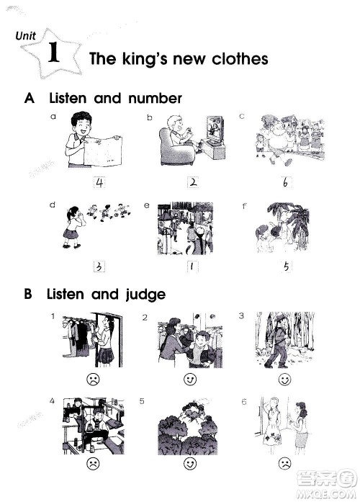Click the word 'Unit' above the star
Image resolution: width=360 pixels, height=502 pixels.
(26, 35)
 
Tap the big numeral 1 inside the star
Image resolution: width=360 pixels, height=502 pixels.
(53, 52)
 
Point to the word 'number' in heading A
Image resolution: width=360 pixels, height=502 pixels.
(155, 98)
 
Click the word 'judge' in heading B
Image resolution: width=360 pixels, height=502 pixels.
(145, 295)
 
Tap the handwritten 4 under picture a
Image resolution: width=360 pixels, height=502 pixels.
(99, 182)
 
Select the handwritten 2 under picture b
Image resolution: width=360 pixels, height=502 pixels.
(193, 182)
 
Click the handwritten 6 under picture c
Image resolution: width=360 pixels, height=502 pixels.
(285, 182)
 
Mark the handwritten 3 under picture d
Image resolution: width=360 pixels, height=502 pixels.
(99, 266)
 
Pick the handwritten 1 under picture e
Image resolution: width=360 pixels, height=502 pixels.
(192, 266)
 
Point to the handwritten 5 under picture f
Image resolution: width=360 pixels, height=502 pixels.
(287, 266)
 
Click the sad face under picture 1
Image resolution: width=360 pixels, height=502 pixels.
(93, 380)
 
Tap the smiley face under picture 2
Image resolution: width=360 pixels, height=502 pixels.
(190, 380)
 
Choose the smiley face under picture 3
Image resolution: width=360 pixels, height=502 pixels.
(284, 380)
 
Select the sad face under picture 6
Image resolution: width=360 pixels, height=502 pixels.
(284, 464)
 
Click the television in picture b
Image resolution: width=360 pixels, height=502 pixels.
(215, 130)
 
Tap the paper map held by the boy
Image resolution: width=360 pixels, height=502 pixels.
(103, 152)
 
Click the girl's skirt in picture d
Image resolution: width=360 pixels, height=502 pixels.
(71, 233)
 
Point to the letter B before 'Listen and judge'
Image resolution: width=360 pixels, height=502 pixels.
(28, 294)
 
